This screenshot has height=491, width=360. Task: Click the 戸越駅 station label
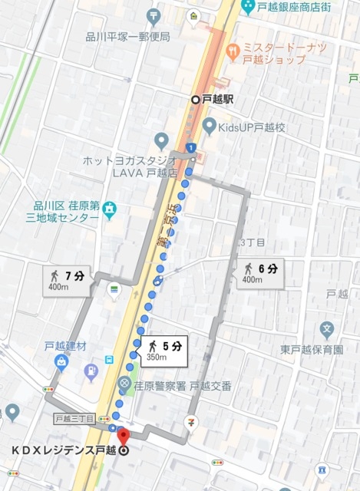point(218,99)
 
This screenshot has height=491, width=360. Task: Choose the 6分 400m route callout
point(261,272)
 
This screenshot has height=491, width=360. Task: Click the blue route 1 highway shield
point(190,147)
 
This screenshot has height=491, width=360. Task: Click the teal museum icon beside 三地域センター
point(110,208)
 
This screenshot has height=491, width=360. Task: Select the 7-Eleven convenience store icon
point(191,422)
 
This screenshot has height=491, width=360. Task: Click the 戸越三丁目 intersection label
point(75,419)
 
